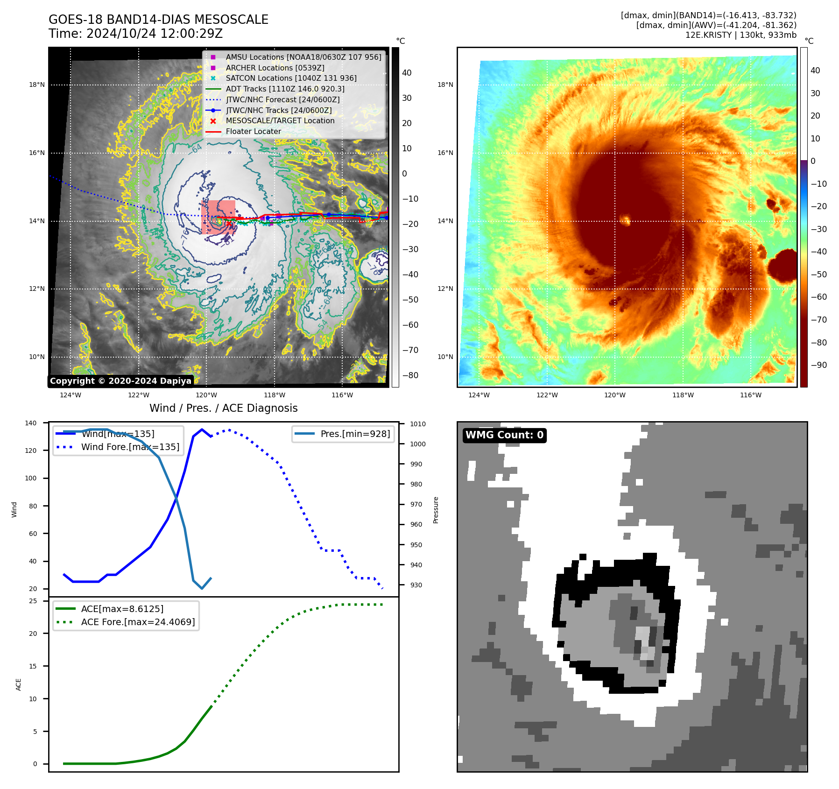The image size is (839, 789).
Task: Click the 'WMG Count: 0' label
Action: [504, 435]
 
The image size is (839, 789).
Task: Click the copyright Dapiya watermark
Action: [120, 381]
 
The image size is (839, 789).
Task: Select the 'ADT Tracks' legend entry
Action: [285, 89]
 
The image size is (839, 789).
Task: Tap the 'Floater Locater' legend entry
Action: [253, 131]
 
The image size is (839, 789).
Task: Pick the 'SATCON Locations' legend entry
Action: [291, 78]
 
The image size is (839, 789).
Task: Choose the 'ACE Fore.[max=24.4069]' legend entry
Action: [138, 622]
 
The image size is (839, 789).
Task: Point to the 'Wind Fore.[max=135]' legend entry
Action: [130, 447]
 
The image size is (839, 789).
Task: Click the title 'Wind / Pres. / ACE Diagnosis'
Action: [223, 408]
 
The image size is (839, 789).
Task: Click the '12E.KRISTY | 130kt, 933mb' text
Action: [740, 35]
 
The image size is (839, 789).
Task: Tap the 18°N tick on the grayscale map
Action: [37, 85]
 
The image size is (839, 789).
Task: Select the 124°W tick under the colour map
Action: [479, 395]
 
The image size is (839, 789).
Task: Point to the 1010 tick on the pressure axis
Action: [418, 424]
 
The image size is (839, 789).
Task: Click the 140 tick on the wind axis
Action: [31, 423]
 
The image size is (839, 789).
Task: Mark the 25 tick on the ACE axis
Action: [33, 601]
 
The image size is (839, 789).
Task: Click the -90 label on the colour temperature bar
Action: [818, 365]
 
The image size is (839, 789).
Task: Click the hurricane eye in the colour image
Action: [625, 219]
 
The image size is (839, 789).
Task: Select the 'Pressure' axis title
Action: [436, 510]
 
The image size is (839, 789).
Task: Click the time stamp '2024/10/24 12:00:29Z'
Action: [155, 34]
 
